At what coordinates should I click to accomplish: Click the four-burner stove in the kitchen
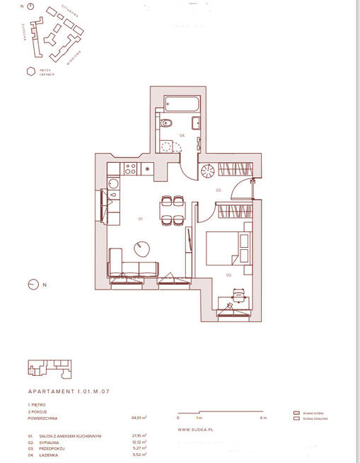[x=129, y=168]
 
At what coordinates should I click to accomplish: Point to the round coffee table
[x=142, y=248]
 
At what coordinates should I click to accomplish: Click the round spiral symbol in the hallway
[x=209, y=171]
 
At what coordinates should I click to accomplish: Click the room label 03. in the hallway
[x=219, y=190]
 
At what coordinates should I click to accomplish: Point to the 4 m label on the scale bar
[x=263, y=418]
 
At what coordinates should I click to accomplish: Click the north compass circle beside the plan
[x=32, y=285]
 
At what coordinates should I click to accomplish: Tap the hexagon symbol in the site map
[x=30, y=71]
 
